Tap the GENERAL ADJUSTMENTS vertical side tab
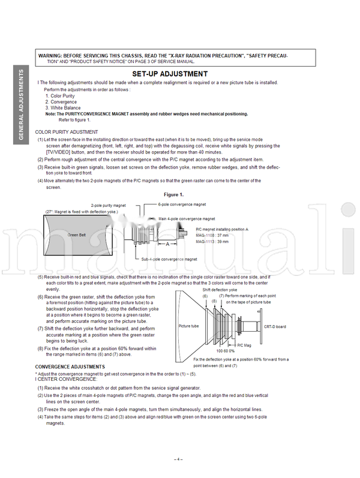pos(21,105)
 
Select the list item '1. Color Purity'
pos(60,96)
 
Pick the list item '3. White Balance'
pos(62,108)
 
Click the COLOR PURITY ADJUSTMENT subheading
pos(67,131)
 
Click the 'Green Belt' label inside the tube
pos(78,235)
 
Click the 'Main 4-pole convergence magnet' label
pos(187,219)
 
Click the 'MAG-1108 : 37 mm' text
pos(212,235)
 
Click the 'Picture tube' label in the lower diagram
pos(188,326)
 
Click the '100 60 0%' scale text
pos(226,351)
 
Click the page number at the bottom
pos(178,459)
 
